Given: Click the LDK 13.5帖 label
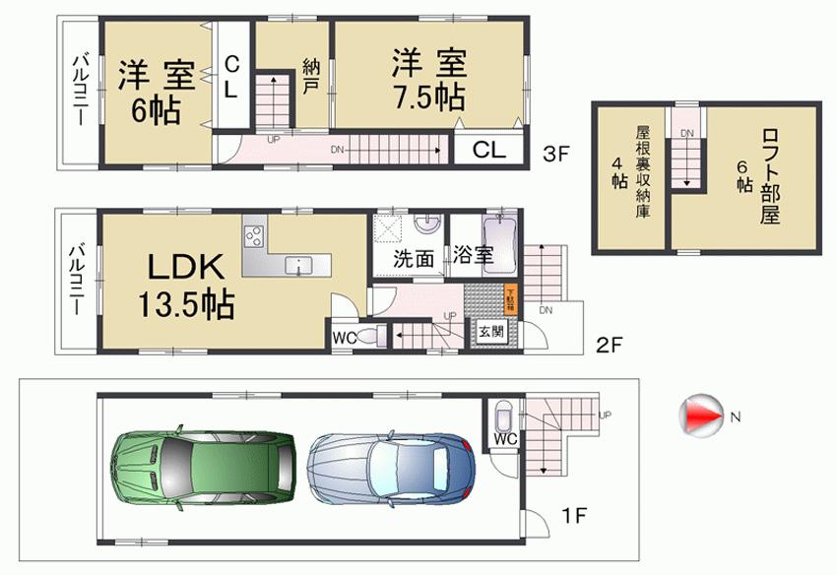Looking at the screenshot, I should tap(190, 286).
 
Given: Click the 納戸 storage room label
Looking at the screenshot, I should tap(311, 78).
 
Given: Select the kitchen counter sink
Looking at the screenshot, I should tap(297, 264).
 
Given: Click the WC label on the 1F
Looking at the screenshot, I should tap(501, 438).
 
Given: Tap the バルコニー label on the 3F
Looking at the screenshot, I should tap(80, 91).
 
